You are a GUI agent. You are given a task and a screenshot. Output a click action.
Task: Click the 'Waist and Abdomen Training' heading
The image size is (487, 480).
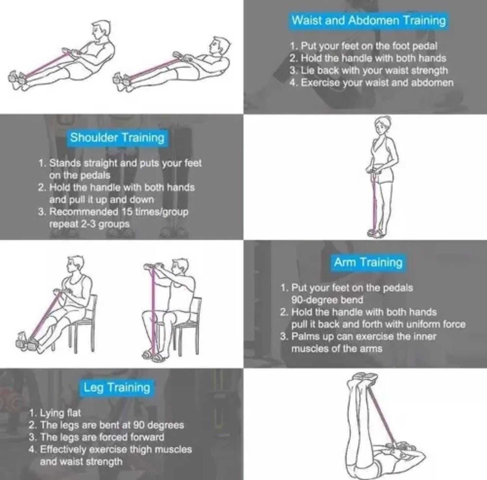[x=368, y=20]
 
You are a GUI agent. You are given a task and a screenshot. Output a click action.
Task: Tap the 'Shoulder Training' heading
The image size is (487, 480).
[x=117, y=138]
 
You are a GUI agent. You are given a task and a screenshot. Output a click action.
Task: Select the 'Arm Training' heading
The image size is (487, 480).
[x=368, y=262]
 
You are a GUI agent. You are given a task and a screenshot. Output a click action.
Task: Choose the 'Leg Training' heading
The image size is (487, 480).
[x=117, y=387]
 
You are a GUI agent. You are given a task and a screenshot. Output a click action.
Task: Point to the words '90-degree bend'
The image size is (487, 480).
[x=327, y=300]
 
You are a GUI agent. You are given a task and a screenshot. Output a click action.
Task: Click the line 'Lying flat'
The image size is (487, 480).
[x=55, y=413]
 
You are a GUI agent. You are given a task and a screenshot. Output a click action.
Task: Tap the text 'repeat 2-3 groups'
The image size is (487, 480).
[x=89, y=224]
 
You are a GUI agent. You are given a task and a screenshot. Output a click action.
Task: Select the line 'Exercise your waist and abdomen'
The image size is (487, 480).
[x=372, y=83]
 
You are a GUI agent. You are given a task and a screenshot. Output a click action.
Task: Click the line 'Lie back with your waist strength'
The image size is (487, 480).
[x=369, y=70]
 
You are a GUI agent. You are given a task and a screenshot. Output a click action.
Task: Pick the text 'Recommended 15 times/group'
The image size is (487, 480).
[x=113, y=212]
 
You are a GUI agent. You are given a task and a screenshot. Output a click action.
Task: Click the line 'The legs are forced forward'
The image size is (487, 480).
[x=96, y=437]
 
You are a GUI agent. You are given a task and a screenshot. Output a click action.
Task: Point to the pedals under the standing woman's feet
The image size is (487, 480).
[x=376, y=233]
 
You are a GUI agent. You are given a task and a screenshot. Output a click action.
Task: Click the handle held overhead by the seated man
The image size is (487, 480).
[x=154, y=266]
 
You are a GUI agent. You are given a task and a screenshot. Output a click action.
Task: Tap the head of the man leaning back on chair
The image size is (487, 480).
[x=75, y=266]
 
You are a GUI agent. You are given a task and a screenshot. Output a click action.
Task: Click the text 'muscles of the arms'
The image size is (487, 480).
[x=337, y=349]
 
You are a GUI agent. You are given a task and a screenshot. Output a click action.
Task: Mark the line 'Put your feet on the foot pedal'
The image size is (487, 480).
[x=364, y=46]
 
